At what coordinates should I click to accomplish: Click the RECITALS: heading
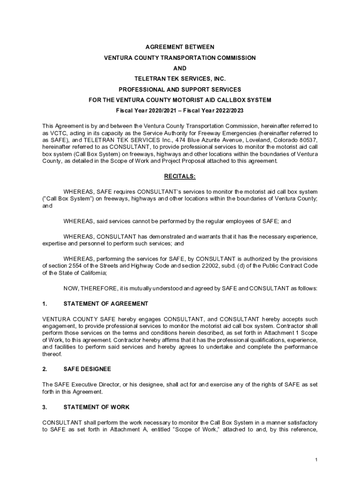[x=180, y=176]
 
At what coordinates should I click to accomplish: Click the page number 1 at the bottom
[x=316, y=460]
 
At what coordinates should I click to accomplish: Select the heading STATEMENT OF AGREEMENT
[x=106, y=304]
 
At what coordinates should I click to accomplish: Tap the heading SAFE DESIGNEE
[x=87, y=369]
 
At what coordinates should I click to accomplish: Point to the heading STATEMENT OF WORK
[x=96, y=407]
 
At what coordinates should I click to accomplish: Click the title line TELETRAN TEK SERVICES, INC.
[x=180, y=79]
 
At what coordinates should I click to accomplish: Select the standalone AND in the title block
[x=180, y=68]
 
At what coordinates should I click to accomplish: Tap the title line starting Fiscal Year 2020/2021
[x=180, y=110]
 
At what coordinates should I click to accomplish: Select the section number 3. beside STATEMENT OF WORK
[x=44, y=407]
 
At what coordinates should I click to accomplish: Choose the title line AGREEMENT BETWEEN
[x=180, y=47]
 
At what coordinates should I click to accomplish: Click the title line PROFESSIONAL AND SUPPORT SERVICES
[x=180, y=89]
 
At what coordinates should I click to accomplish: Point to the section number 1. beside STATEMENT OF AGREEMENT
[x=44, y=304]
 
